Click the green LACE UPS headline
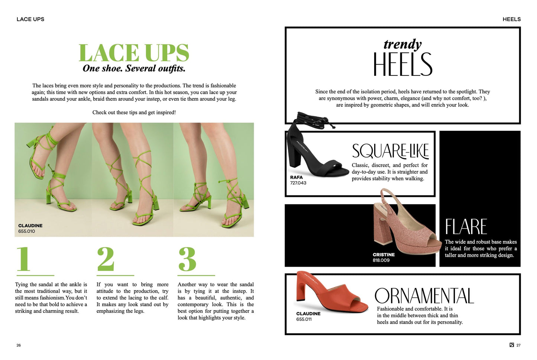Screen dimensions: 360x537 pos(134,53)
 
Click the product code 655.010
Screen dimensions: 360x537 pos(26,231)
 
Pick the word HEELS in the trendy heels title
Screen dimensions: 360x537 pos(403,64)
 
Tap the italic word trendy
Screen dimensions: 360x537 pos(402,44)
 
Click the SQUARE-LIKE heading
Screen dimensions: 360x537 pos(390,151)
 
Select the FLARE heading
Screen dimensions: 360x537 pos(466,227)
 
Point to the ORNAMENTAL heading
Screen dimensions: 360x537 pos(424,296)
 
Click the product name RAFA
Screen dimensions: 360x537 pos(297,177)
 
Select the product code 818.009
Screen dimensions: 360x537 pos(381,260)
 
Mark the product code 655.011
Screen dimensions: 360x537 pos(304,319)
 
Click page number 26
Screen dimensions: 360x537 pos(19,345)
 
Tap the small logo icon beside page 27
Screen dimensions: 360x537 pos(512,345)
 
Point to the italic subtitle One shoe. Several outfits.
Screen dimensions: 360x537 pos(134,68)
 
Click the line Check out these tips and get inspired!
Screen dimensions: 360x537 pos(134,113)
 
